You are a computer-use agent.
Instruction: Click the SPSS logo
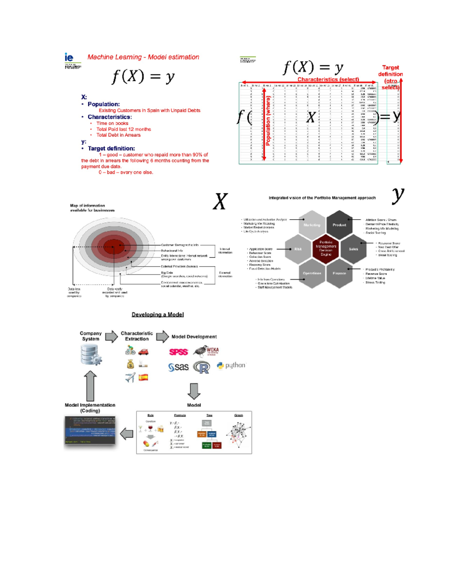click(178, 352)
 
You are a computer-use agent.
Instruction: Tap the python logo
click(231, 366)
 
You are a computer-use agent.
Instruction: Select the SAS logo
click(178, 367)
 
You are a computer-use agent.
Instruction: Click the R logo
click(202, 367)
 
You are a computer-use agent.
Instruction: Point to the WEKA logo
click(207, 352)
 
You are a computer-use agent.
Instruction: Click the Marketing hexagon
click(312, 225)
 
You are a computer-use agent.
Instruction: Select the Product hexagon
click(339, 225)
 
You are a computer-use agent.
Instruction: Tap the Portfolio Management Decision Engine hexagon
click(326, 248)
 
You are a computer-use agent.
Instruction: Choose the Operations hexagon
click(312, 273)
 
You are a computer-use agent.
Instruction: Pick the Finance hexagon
click(339, 273)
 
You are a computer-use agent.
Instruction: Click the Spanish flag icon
click(143, 377)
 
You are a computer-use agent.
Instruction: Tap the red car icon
click(143, 352)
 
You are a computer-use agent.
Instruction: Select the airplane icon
click(130, 377)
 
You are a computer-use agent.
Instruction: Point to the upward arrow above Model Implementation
click(90, 386)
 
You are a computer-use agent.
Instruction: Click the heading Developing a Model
click(157, 314)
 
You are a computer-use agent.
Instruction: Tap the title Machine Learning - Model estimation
click(143, 57)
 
